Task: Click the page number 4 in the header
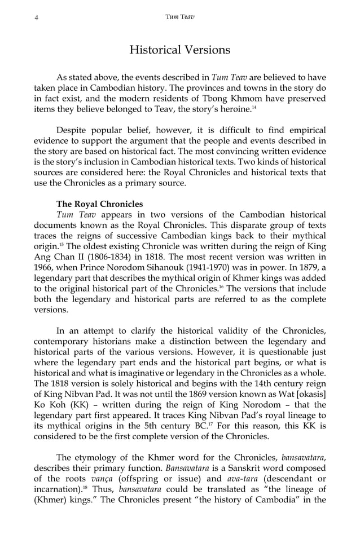36,17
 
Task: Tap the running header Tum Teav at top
179,17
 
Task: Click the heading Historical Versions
179,50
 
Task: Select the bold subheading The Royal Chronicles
100,204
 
